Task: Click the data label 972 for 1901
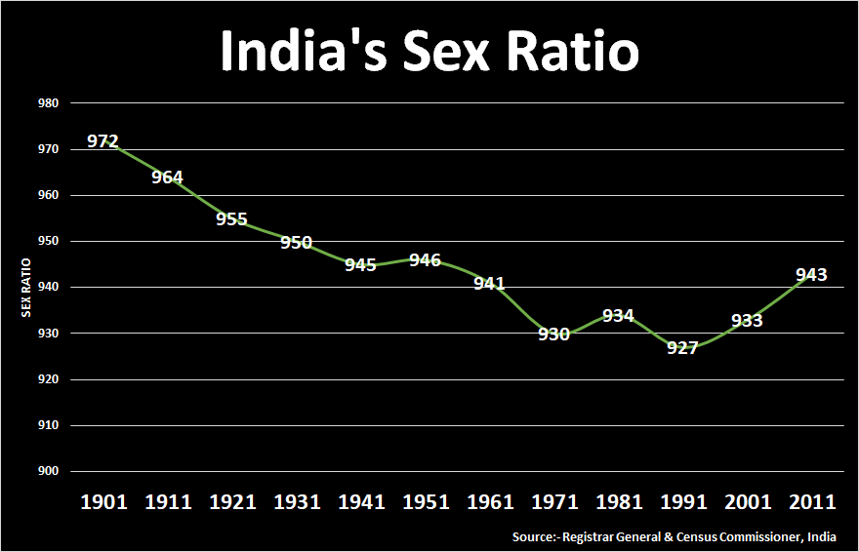[x=102, y=141]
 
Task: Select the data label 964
[x=167, y=177]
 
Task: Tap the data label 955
[x=231, y=218]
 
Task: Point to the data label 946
[x=425, y=260]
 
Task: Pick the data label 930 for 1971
[x=553, y=335]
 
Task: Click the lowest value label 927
[x=682, y=348]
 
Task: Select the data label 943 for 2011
[x=811, y=275]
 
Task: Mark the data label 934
[x=618, y=316]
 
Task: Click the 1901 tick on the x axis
[x=102, y=502]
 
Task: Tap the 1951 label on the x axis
[x=425, y=502]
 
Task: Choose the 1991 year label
[x=682, y=502]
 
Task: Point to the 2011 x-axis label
[x=811, y=502]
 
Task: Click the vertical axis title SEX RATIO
[x=27, y=287]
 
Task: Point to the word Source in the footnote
[x=534, y=537]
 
